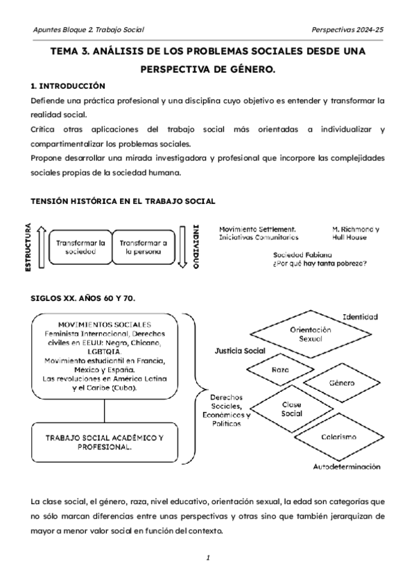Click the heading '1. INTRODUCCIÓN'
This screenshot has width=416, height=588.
[x=68, y=86]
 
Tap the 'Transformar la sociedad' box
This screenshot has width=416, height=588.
[x=80, y=248]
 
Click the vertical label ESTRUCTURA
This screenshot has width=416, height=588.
[x=28, y=247]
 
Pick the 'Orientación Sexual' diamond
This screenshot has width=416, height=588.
[x=310, y=336]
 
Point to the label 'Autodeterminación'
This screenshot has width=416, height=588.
[x=347, y=467]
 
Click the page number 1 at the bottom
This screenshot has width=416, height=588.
[x=207, y=557]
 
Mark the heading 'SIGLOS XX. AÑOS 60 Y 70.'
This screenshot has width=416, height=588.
[x=83, y=297]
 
